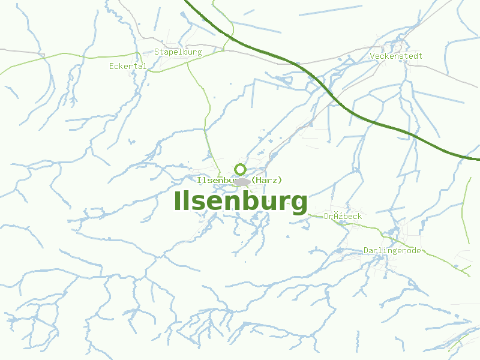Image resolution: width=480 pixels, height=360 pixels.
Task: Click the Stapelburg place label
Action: point(178,52)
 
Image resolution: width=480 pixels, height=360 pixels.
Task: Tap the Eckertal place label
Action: point(128,66)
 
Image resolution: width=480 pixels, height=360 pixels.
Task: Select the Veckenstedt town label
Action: point(396,56)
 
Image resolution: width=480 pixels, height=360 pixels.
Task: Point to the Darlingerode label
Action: point(392,251)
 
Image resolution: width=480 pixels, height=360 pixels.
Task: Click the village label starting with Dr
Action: point(343,216)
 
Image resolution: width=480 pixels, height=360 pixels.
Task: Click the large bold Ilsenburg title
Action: point(241,201)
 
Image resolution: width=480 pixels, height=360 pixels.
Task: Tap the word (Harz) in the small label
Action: point(267,180)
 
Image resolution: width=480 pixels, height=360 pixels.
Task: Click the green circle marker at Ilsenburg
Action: point(240,169)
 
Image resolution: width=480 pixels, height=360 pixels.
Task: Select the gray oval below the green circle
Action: point(242,182)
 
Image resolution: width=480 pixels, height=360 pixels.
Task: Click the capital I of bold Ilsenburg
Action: point(178,201)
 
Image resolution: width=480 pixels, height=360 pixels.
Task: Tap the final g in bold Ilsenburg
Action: point(298,203)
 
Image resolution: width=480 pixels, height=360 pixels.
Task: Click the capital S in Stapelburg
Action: point(157,52)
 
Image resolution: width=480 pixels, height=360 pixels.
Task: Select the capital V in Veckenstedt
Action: point(373,56)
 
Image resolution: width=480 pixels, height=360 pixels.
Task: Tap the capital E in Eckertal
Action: point(112,66)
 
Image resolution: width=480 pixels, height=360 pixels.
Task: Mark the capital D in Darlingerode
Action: point(366,251)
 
